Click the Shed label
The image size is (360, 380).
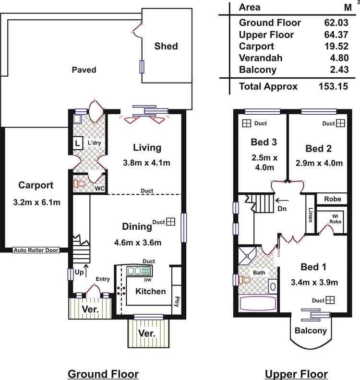point(166,46)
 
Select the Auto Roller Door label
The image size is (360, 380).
point(36,250)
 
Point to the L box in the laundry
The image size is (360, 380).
point(77,143)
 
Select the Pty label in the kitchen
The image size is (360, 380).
point(177,303)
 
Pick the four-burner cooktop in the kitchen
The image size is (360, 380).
point(121,290)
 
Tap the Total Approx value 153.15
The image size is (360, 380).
point(332,87)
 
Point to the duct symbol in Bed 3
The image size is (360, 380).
point(247,123)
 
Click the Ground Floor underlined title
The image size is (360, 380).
point(103,374)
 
